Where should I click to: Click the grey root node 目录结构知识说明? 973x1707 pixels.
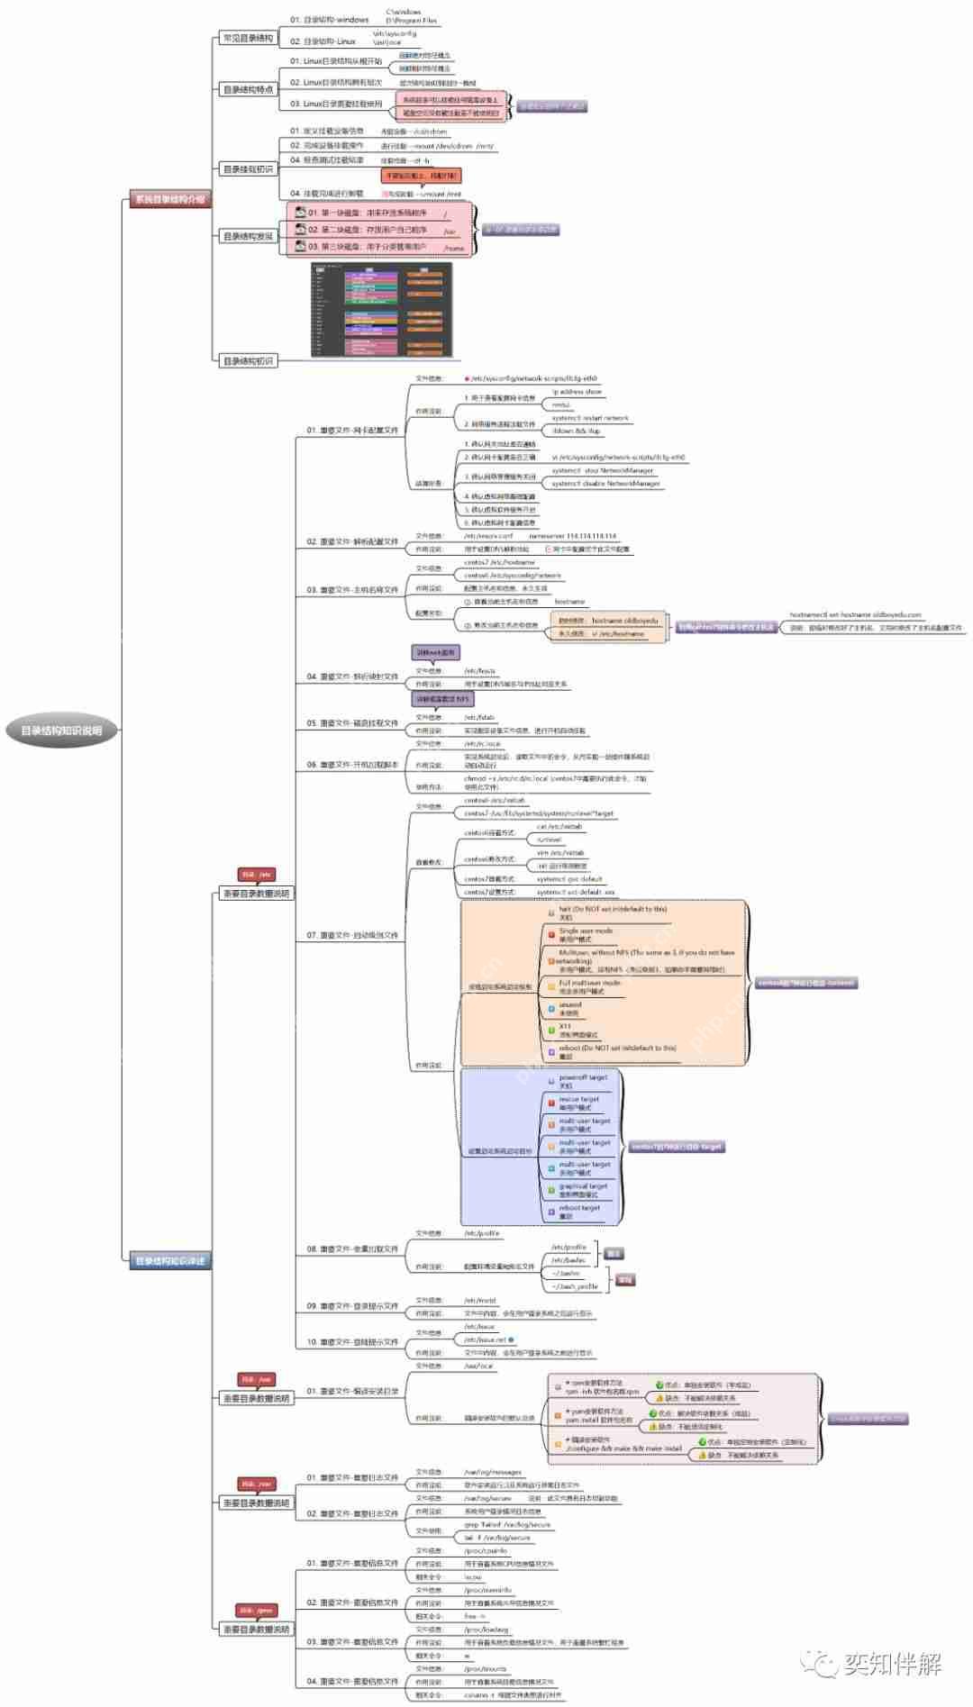tap(61, 731)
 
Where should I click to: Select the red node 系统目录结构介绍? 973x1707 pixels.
tap(169, 199)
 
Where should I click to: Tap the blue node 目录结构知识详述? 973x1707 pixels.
tap(169, 1260)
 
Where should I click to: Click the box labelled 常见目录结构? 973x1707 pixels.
tap(248, 38)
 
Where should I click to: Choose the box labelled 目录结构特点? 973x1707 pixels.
tap(248, 89)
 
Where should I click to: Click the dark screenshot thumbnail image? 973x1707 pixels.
tap(381, 309)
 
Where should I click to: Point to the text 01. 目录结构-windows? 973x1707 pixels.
tap(330, 19)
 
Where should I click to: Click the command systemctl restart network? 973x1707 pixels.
tap(590, 418)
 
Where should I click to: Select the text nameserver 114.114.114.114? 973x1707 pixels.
tap(573, 535)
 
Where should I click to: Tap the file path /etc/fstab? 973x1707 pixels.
tap(479, 717)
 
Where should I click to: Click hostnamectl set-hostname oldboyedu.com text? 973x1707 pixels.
tap(855, 614)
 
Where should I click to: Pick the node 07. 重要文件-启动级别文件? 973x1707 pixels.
tap(352, 935)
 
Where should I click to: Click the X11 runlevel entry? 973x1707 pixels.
tap(577, 1030)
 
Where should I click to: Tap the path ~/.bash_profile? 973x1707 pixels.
tap(575, 1286)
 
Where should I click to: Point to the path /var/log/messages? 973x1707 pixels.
tap(493, 1472)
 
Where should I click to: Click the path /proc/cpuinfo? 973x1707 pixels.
tap(486, 1551)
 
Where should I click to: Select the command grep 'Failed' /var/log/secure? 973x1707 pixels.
tap(507, 1525)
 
